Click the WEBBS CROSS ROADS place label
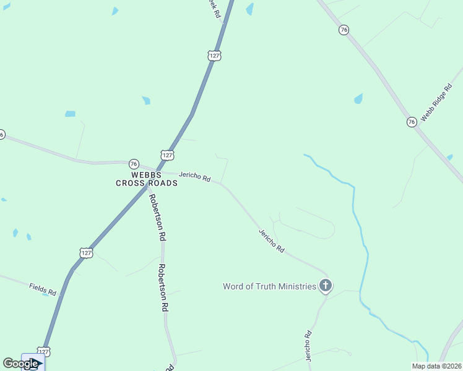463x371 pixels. tap(146, 179)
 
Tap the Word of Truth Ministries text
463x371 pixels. tap(269, 286)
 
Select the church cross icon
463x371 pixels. tap(325, 286)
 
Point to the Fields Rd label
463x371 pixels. tap(43, 288)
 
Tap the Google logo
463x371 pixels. tap(20, 363)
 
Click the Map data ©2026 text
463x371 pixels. tap(436, 366)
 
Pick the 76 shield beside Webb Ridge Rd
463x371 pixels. tap(412, 122)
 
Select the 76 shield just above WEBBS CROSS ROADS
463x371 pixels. tap(134, 164)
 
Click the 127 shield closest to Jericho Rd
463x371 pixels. tap(168, 155)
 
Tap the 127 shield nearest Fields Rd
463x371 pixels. tap(87, 252)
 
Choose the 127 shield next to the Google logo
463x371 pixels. tap(43, 352)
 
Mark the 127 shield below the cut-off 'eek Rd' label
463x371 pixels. tap(214, 56)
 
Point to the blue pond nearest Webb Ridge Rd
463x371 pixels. tap(358, 98)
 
